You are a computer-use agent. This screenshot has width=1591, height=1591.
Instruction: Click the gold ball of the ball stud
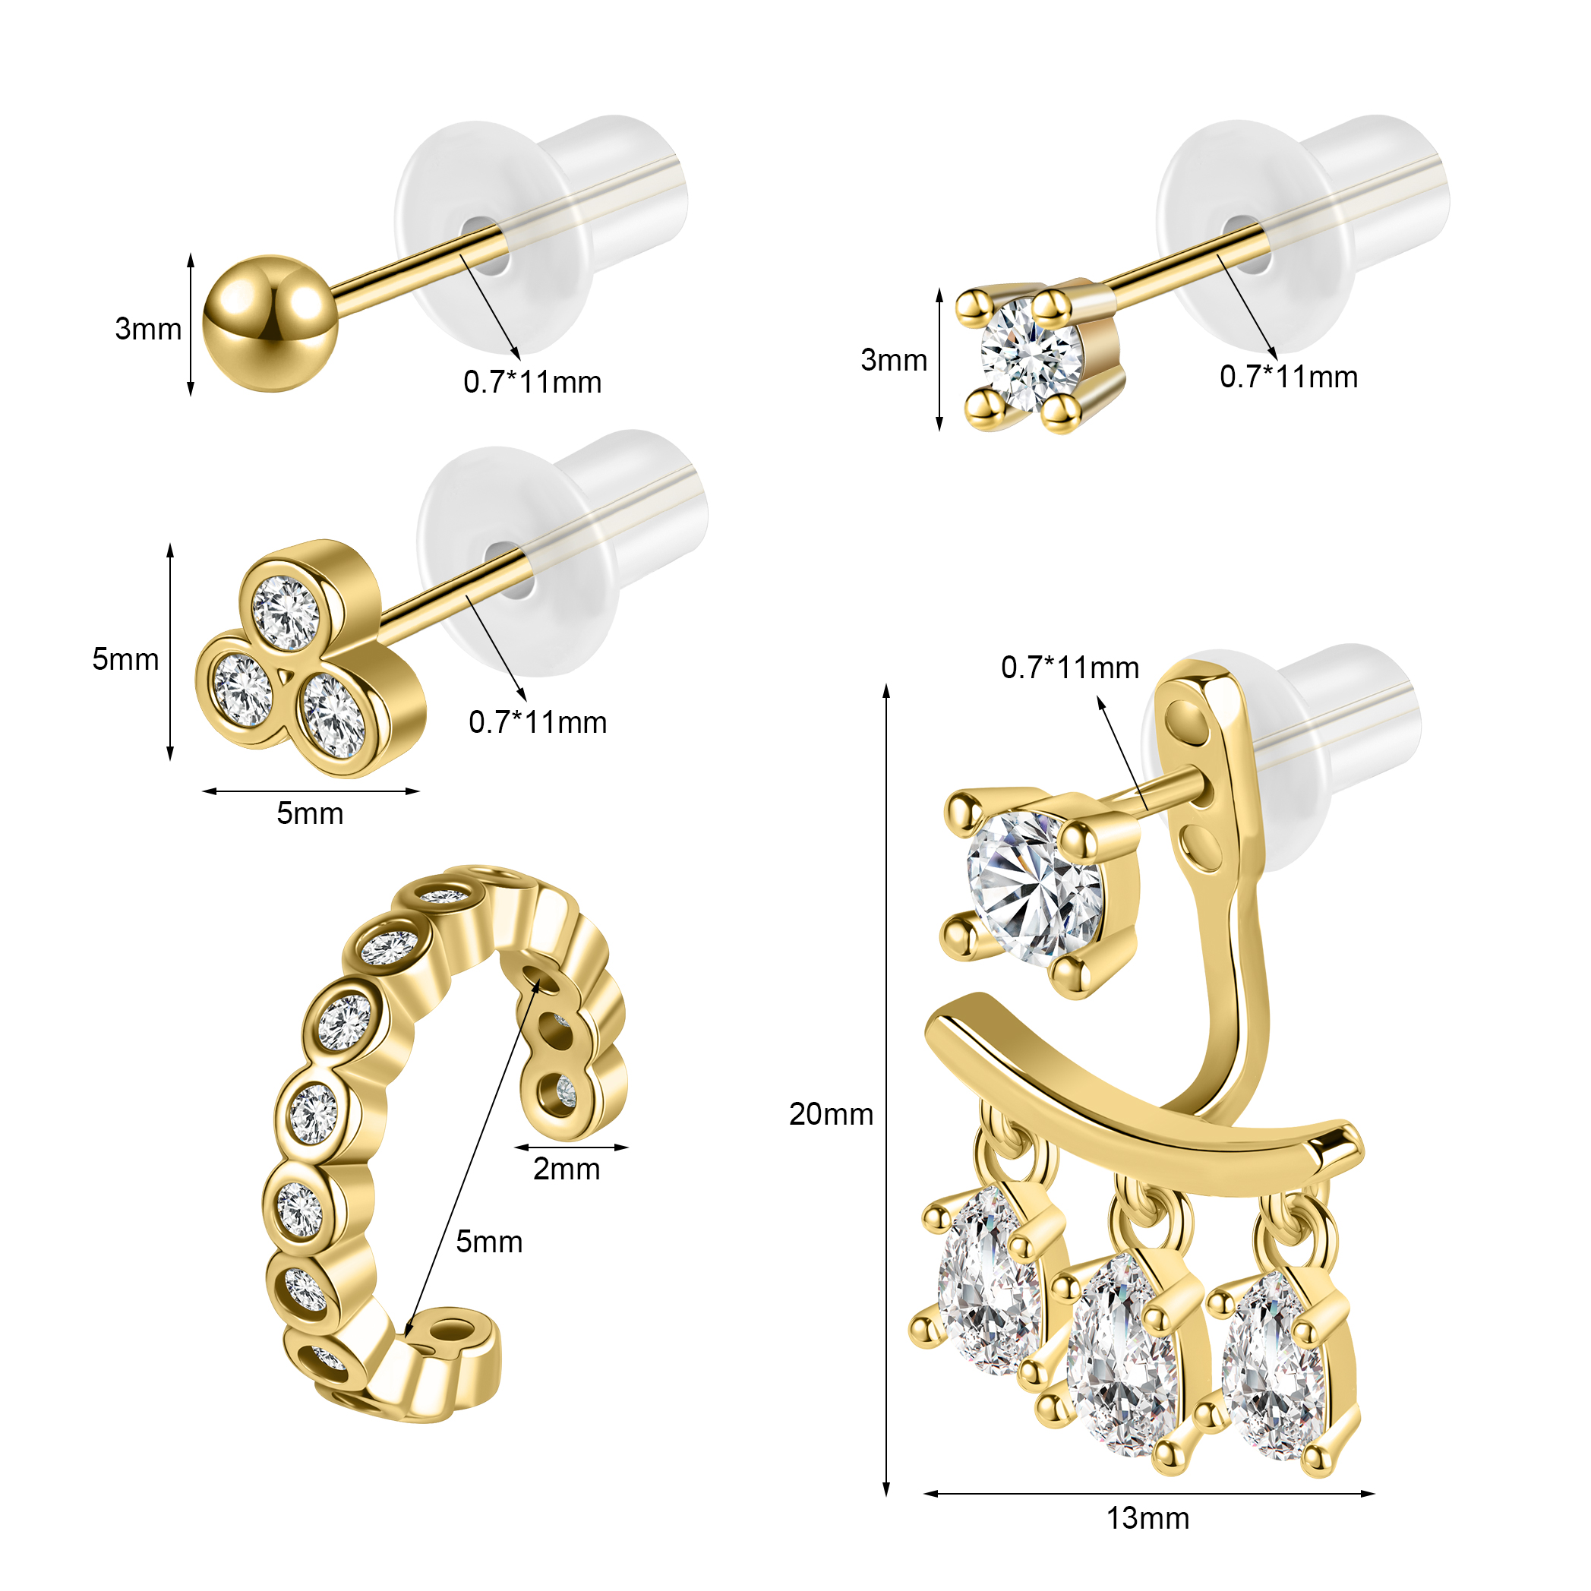(x=270, y=324)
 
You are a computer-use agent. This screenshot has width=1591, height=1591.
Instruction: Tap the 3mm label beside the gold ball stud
(x=148, y=329)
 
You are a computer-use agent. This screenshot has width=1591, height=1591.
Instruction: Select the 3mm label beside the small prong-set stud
(x=894, y=360)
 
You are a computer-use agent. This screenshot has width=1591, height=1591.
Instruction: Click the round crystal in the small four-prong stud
(x=1031, y=355)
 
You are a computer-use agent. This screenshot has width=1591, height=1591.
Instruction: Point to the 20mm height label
(x=831, y=1113)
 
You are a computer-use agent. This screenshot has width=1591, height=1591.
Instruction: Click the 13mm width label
(x=1147, y=1517)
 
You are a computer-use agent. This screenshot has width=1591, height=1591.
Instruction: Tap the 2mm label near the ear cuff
(x=567, y=1169)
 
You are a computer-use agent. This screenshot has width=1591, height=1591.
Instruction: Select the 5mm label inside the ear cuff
(x=489, y=1241)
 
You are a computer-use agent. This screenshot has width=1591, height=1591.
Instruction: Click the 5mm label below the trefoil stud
(x=310, y=813)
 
